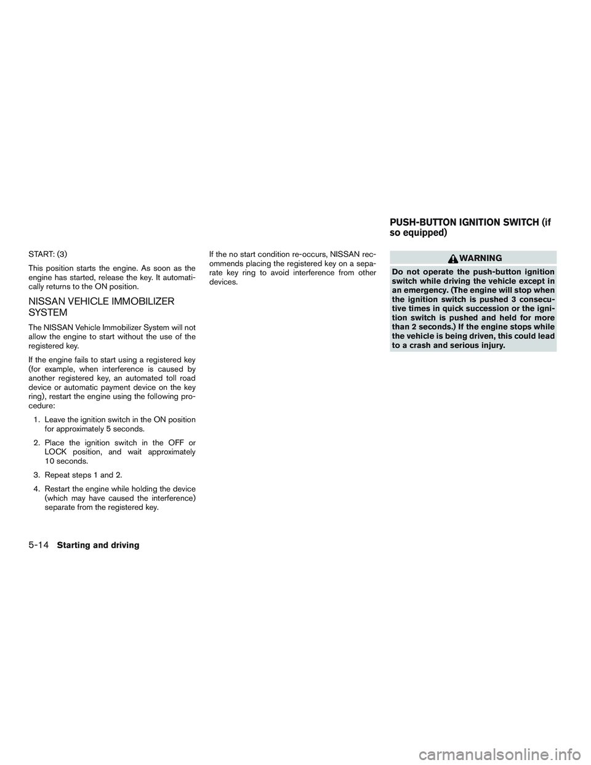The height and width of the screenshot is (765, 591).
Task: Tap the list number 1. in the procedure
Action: tap(37, 420)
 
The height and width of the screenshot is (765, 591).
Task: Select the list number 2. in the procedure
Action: tap(37, 443)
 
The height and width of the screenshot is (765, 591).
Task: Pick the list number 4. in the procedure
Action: tap(37, 490)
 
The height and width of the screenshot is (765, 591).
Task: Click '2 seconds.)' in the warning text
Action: tap(426, 326)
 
